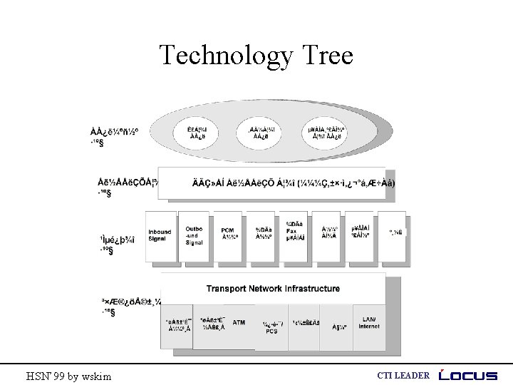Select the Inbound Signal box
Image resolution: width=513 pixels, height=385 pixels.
160,235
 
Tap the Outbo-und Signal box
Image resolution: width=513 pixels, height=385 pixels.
194,235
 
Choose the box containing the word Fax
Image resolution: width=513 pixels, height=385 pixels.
292,235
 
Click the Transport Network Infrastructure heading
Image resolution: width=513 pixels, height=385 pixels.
273,289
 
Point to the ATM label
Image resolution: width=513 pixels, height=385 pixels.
239,322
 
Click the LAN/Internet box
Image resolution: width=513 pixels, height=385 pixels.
369,324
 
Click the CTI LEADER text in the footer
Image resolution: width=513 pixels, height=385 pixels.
403,376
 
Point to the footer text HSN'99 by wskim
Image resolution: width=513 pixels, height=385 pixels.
68,376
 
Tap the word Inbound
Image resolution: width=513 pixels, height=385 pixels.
160,232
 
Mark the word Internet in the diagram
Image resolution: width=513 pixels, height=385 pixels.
369,327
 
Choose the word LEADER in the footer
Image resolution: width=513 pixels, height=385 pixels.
413,376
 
